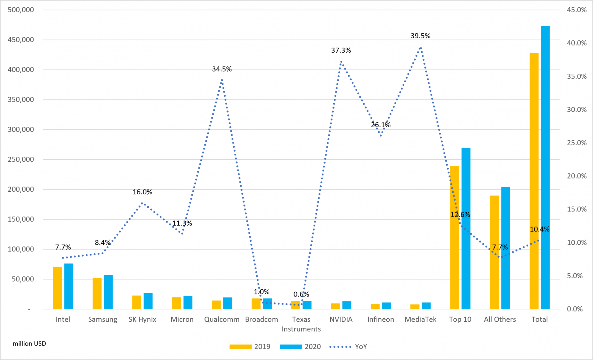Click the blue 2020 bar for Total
545,168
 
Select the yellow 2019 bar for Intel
57,288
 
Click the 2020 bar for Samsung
108,292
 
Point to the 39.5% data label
420,36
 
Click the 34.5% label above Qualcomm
222,69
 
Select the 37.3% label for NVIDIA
341,50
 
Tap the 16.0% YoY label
142,192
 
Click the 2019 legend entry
250,347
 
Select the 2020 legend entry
300,347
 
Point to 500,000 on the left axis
21,10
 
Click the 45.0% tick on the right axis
577,10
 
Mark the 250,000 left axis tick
21,159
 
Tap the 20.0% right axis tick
577,176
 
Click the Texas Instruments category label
301,324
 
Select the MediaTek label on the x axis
420,319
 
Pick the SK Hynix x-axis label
142,319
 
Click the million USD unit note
29,344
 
